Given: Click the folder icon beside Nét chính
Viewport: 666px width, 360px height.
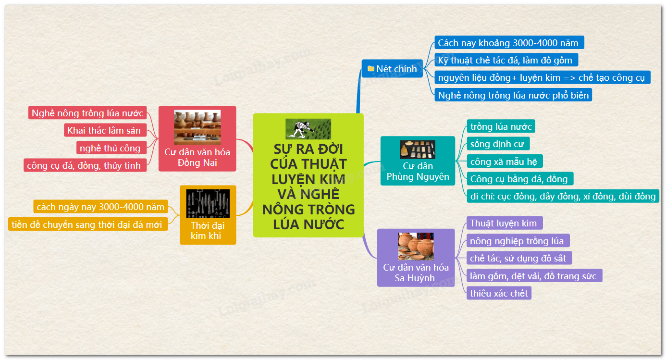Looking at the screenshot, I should pos(371,69).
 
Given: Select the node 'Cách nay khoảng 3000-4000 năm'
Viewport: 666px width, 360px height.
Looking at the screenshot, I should pos(508,43).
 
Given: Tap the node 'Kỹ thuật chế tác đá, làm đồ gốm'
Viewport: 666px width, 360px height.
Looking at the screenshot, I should pos(506,60).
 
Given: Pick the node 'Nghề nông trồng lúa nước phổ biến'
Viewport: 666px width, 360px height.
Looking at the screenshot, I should pos(513,95).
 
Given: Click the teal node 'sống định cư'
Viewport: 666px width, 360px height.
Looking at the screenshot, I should pos(498,144).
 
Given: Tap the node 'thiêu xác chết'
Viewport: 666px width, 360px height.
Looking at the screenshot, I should pos(499,293).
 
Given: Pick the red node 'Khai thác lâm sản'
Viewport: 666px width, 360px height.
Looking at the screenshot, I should pos(104,130).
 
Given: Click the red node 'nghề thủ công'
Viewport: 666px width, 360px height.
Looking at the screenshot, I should pos(111,148).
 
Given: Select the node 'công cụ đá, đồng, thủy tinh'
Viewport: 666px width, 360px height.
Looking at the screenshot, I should pos(84,166).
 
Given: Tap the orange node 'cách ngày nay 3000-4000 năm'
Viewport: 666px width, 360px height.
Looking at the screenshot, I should pos(100,207).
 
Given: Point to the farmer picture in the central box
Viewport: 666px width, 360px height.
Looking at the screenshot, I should pos(308,129).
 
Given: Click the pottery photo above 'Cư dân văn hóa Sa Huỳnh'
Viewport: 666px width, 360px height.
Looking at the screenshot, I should pos(416,246).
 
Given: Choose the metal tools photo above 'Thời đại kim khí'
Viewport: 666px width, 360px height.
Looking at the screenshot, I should pos(208,203).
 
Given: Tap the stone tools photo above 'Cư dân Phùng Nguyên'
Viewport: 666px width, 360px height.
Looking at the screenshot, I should pos(418,149).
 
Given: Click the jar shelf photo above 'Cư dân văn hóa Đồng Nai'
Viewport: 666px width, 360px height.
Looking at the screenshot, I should pos(197,127).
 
